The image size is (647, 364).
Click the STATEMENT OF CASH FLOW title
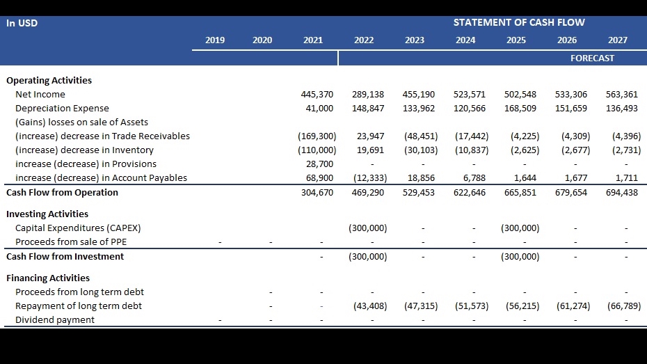click(x=519, y=22)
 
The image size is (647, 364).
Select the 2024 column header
click(x=465, y=40)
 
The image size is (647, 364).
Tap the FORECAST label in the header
click(x=592, y=58)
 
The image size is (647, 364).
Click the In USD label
click(x=22, y=23)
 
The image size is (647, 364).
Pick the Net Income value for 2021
click(x=317, y=95)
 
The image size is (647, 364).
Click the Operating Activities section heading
click(x=49, y=81)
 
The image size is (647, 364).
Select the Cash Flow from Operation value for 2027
click(x=622, y=193)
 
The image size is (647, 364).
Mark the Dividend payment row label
click(x=55, y=320)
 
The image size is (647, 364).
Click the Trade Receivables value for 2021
click(x=317, y=136)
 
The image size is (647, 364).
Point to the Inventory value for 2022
click(x=371, y=150)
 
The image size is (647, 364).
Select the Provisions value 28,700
click(x=320, y=164)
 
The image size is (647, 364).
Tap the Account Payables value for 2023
click(x=421, y=178)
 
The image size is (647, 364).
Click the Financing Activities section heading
click(x=48, y=278)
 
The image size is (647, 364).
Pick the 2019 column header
click(x=215, y=40)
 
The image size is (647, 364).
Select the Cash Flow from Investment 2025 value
click(x=520, y=257)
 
